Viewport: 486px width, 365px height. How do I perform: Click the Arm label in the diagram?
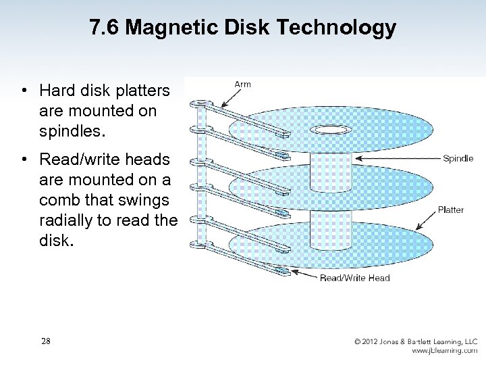[242, 84]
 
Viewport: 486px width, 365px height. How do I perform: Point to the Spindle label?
[458, 159]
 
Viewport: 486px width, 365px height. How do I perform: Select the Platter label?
[451, 210]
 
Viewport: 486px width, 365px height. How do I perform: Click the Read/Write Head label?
[355, 278]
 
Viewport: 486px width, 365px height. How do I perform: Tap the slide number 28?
[45, 341]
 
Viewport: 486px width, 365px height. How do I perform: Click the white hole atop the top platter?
[331, 129]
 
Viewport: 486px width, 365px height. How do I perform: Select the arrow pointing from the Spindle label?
[398, 159]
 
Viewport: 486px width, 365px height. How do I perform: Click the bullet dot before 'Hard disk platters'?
[24, 90]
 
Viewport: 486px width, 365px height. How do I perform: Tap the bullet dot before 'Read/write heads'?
[24, 160]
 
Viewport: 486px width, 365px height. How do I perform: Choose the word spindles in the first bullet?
[71, 130]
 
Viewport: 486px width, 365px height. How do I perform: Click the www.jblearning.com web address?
[445, 351]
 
